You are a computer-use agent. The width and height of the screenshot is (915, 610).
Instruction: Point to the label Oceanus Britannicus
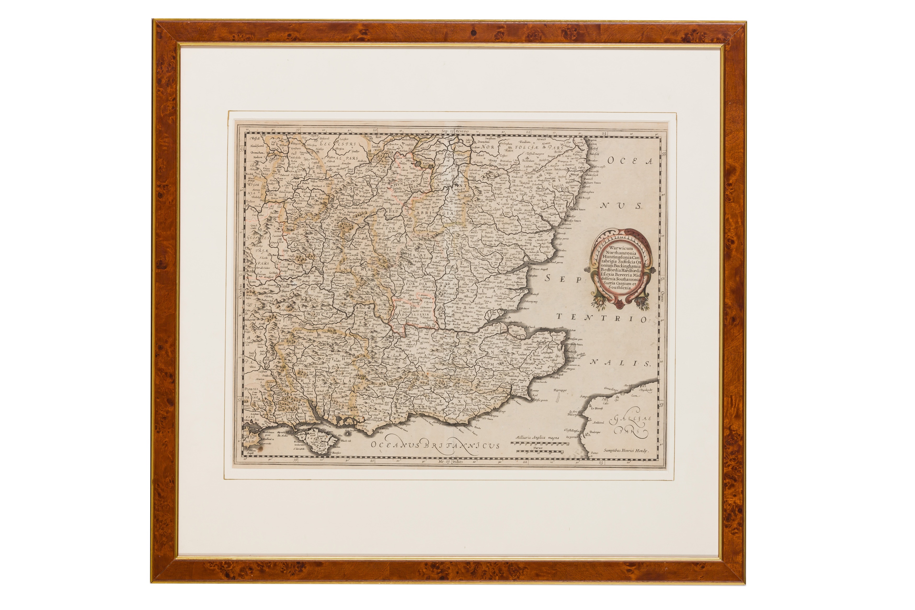pyautogui.click(x=434, y=445)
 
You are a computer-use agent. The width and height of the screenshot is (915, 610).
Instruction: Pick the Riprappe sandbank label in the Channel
pyautogui.click(x=560, y=390)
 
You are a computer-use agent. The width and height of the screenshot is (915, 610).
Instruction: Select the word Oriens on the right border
pyautogui.click(x=661, y=297)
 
